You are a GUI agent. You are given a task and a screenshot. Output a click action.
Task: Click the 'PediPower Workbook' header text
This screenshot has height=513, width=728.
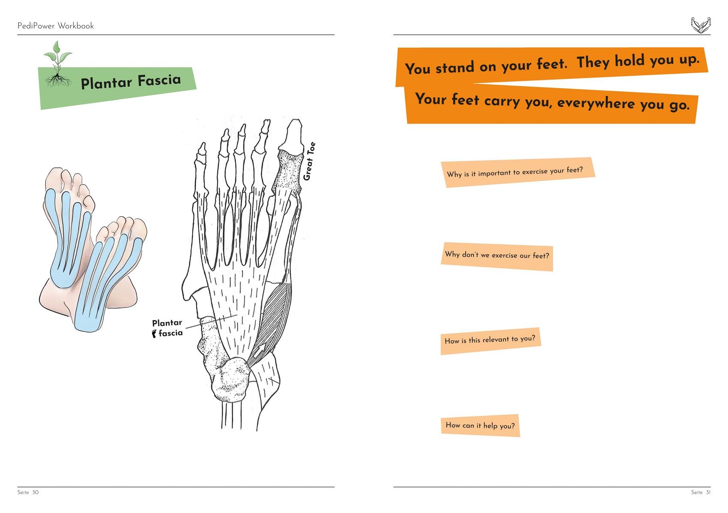(55, 26)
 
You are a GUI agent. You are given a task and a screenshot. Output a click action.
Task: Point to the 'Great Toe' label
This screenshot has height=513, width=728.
(309, 161)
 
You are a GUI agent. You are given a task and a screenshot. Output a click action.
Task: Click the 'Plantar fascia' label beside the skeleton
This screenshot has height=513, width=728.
(167, 328)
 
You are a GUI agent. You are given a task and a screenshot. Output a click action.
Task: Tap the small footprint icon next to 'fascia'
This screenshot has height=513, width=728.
(154, 334)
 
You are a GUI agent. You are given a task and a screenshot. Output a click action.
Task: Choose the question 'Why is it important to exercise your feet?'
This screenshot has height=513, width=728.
(515, 172)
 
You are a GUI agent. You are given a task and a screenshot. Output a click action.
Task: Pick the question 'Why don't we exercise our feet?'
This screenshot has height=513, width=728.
(497, 255)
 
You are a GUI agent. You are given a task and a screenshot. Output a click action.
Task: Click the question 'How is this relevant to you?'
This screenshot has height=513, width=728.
(490, 340)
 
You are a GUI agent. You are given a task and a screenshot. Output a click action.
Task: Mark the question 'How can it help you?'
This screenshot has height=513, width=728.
(480, 425)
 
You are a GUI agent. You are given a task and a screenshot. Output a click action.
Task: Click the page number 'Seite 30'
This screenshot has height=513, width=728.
(28, 492)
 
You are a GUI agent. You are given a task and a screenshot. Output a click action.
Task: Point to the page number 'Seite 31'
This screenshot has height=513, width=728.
(701, 492)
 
